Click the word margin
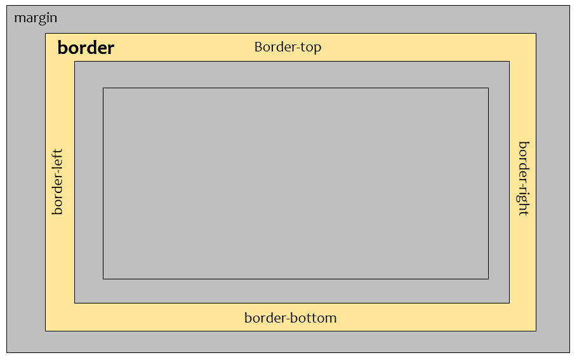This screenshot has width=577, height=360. (x=36, y=18)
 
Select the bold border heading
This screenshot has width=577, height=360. (x=86, y=48)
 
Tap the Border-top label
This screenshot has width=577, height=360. (x=288, y=47)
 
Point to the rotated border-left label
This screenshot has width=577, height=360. (x=58, y=182)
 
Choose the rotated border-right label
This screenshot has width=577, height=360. (x=524, y=178)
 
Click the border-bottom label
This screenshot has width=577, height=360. (x=290, y=318)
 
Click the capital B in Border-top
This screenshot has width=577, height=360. (x=258, y=47)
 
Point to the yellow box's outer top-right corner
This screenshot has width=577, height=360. (x=536, y=34)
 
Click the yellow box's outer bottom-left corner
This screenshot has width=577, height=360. (x=46, y=331)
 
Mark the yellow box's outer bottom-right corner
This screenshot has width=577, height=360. (x=536, y=331)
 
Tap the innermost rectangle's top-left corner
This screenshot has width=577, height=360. (x=103, y=88)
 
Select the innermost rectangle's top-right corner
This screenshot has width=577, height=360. (x=488, y=88)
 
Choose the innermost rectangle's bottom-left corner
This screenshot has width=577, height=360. (x=103, y=279)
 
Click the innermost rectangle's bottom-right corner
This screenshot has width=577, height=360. (x=488, y=279)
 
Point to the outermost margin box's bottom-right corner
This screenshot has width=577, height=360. (x=569, y=352)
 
